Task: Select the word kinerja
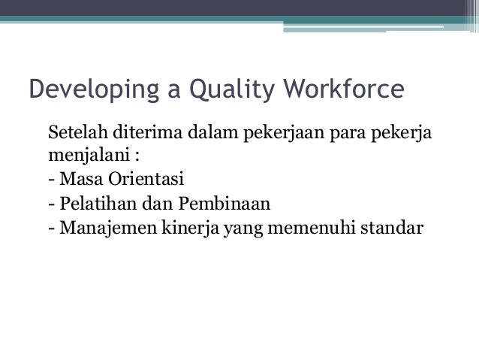coord(185,226)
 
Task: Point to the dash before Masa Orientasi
coord(50,181)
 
